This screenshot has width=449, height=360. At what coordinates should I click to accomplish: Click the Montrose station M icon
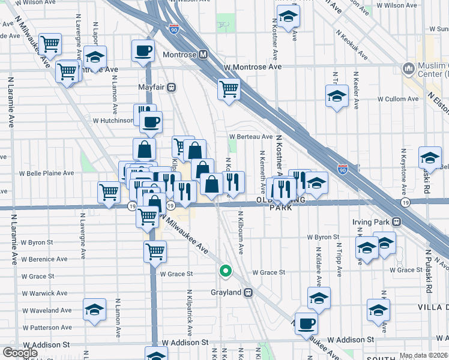(203, 55)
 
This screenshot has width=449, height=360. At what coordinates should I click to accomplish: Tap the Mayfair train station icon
(172, 87)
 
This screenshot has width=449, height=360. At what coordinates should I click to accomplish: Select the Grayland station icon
(248, 293)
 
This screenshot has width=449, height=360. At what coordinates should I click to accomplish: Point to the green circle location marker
(226, 271)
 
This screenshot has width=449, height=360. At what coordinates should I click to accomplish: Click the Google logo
(20, 353)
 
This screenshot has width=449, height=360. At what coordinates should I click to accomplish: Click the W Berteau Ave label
(250, 137)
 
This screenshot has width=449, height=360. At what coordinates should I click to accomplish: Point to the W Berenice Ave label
(45, 260)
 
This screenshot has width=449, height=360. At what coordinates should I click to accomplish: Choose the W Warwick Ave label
(44, 293)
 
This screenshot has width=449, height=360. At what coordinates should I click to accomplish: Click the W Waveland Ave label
(46, 310)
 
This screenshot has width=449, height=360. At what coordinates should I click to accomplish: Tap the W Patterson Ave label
(46, 328)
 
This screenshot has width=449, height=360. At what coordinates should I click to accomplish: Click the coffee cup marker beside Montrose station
(143, 52)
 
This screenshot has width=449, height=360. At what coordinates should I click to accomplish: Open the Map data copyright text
(424, 355)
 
